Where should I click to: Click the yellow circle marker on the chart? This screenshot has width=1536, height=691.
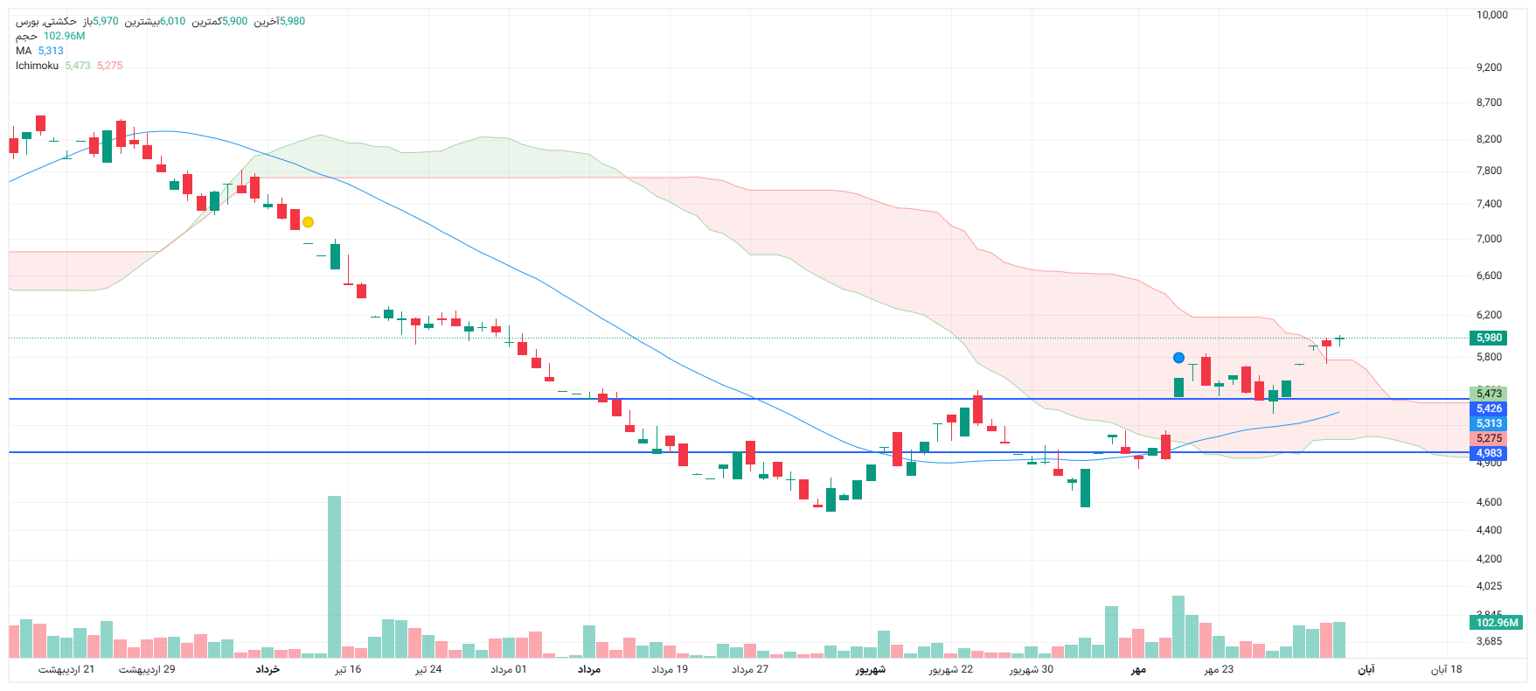click(308, 222)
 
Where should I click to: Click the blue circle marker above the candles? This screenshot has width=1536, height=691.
click(1178, 358)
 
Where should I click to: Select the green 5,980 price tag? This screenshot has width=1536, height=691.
click(1489, 338)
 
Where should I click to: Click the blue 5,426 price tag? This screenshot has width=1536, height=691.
click(1489, 408)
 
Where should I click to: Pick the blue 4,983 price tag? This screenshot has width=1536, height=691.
click(1489, 453)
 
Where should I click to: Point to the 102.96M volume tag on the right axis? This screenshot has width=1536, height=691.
click(1497, 623)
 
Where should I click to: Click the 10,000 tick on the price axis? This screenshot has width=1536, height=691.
click(1491, 15)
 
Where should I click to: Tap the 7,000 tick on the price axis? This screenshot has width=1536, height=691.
click(1489, 239)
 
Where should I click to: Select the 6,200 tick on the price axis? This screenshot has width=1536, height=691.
click(1489, 315)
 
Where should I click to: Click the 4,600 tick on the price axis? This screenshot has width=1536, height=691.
click(1489, 502)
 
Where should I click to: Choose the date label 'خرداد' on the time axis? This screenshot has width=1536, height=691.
click(268, 670)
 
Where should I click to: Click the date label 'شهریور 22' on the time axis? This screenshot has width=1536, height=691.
click(950, 670)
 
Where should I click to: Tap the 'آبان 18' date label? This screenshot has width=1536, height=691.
click(1446, 670)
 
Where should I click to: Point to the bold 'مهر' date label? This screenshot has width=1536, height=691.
click(1138, 670)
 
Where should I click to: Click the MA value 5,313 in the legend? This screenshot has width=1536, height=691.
click(51, 51)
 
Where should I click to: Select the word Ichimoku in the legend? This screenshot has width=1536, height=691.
click(37, 66)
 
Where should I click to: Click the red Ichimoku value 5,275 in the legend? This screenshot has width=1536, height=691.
click(109, 66)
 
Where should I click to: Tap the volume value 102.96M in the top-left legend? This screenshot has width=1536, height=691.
click(64, 36)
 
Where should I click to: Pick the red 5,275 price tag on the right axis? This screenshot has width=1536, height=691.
click(1489, 438)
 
